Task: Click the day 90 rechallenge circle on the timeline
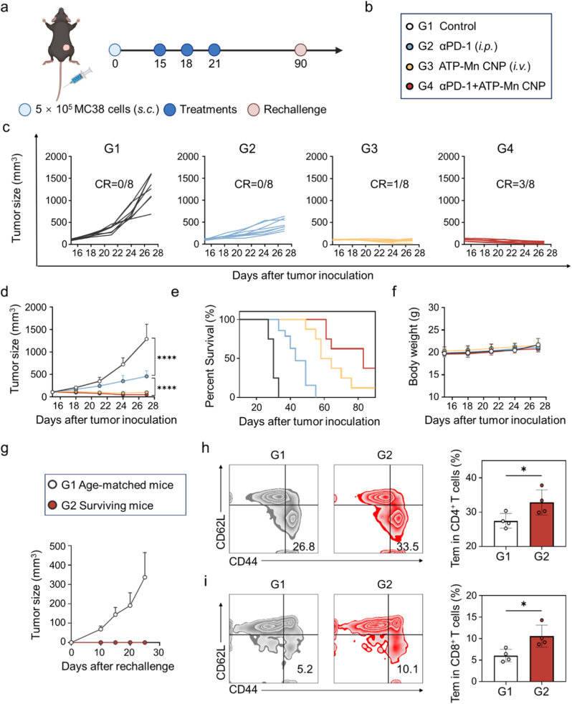300,50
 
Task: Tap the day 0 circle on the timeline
115,50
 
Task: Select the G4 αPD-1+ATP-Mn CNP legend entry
476,86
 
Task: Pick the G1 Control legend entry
441,26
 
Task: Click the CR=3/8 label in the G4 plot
515,184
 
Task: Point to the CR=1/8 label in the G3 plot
389,184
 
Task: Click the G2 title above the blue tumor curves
247,148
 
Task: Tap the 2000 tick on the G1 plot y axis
56,157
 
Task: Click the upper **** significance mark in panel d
166,358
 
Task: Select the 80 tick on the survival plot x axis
358,407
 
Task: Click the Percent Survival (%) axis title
210,356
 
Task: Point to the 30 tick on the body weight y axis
433,308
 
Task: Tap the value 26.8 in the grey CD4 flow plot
303,546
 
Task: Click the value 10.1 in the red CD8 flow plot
407,669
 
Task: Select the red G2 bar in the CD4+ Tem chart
541,524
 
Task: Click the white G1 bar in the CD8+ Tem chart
505,669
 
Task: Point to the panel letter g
5,449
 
